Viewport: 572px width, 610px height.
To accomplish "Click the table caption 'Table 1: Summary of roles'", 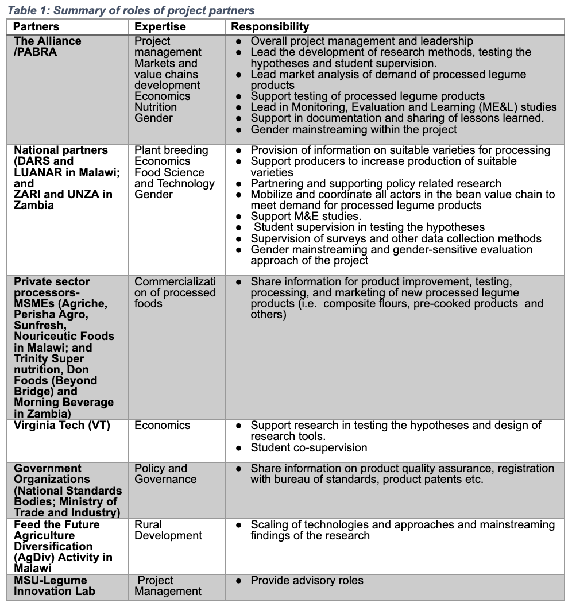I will coord(131,10).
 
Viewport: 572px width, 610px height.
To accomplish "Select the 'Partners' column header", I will coord(36,26).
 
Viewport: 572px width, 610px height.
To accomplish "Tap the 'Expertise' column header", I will coord(160,26).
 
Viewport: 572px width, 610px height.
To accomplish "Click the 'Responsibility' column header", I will coord(270,26).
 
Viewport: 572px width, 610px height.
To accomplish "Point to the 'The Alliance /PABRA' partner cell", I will coord(48,47).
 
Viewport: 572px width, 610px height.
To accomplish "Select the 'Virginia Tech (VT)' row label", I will coord(62,426).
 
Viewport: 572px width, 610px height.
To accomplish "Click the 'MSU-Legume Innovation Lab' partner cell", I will coord(55,586).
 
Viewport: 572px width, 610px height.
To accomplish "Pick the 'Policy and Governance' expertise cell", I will coord(165,474).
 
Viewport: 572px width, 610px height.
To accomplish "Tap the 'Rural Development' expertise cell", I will coord(168,530).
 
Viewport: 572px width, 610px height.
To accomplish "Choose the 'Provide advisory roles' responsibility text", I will coord(307,581).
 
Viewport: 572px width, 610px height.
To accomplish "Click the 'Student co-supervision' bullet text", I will coord(308,447).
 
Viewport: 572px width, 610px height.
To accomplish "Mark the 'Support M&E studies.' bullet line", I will coord(306,217).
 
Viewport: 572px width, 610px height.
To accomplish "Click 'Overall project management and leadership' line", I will coord(362,41).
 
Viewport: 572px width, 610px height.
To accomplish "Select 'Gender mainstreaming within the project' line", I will coord(354,129).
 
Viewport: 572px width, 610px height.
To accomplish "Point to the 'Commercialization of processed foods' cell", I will coord(175,292).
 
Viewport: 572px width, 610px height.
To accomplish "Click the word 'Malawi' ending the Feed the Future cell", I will coord(33,568).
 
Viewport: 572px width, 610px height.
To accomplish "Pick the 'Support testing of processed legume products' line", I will coord(368,96).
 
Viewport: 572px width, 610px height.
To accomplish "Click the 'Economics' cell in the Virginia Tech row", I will coord(163,426).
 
